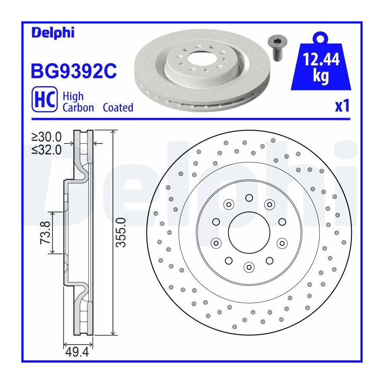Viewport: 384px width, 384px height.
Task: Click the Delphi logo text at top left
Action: pyautogui.click(x=53, y=33)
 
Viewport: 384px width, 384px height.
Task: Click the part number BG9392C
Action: pyautogui.click(x=74, y=71)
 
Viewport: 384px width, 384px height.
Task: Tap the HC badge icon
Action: pyautogui.click(x=44, y=99)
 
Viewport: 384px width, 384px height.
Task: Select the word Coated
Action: pyautogui.click(x=118, y=108)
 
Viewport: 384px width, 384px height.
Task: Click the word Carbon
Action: pyautogui.click(x=78, y=108)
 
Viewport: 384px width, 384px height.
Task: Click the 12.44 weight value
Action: pyautogui.click(x=321, y=59)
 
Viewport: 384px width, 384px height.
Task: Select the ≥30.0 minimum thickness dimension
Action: pyautogui.click(x=47, y=137)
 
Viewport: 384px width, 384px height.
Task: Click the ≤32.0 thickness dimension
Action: pyautogui.click(x=47, y=150)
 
